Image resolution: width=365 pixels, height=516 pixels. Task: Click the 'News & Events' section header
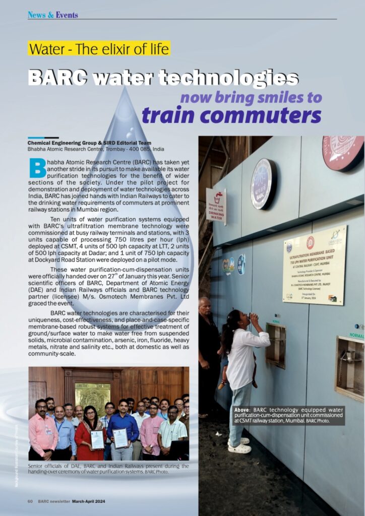coord(53,15)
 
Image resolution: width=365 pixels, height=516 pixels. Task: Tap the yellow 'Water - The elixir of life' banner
coord(99,49)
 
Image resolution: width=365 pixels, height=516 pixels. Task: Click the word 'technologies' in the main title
coord(228,77)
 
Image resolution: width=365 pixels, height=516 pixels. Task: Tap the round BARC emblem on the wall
coord(263,184)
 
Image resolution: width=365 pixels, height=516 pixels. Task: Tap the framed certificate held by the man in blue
coord(120,438)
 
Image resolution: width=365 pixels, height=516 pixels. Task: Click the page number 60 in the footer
coord(30,501)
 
